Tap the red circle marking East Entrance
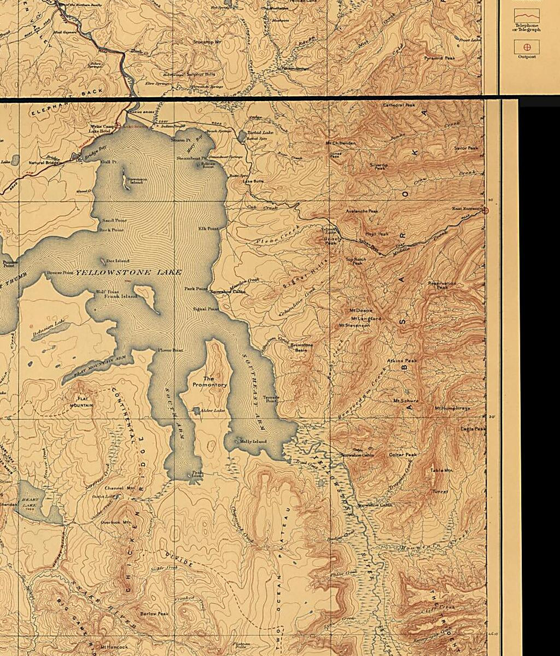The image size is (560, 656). pyautogui.click(x=486, y=210)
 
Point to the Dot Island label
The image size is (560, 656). pyautogui.click(x=118, y=261)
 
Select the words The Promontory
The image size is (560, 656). pyautogui.click(x=209, y=382)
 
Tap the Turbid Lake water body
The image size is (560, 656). pyautogui.click(x=242, y=136)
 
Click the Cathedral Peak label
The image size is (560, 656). pyautogui.click(x=399, y=105)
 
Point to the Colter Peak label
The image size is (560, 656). pyautogui.click(x=402, y=455)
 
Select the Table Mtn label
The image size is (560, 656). pyautogui.click(x=441, y=470)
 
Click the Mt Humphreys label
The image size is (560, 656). pyautogui.click(x=452, y=408)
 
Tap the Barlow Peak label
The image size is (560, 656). pyautogui.click(x=154, y=614)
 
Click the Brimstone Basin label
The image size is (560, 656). pyautogui.click(x=301, y=347)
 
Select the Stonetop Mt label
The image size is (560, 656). pyautogui.click(x=207, y=42)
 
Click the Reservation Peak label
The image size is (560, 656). pyautogui.click(x=442, y=285)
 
